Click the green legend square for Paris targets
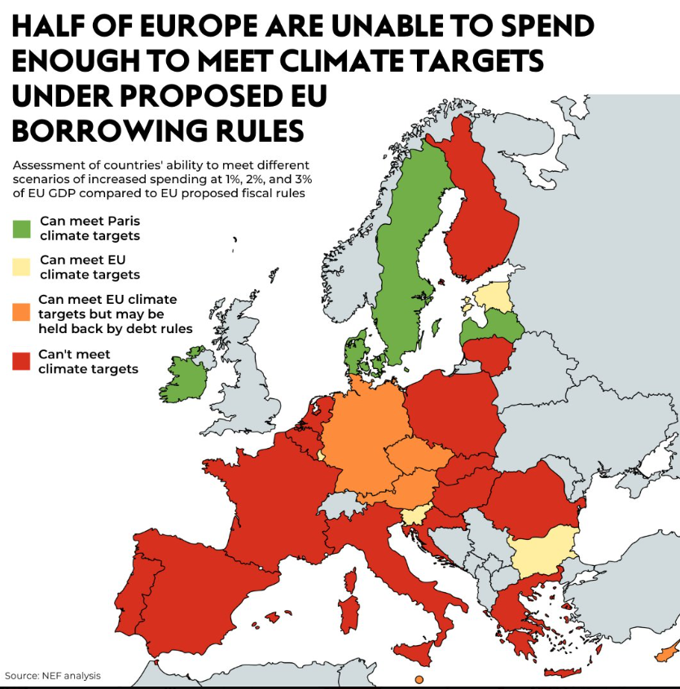pyautogui.click(x=21, y=229)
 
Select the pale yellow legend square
pyautogui.click(x=21, y=267)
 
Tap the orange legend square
pyautogui.click(x=21, y=311)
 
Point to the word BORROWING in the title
pyautogui.click(x=102, y=130)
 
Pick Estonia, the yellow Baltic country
pyautogui.click(x=494, y=296)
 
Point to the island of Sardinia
pyautogui.click(x=349, y=607)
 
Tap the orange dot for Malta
pyautogui.click(x=419, y=679)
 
